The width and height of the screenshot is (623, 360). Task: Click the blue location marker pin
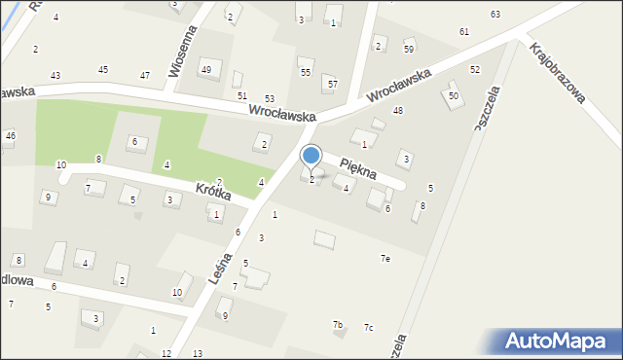click(311, 156)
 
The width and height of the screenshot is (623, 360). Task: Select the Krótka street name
click(212, 192)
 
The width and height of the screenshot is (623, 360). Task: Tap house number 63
click(495, 14)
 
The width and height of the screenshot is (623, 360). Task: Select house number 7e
click(385, 258)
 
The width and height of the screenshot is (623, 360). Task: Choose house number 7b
click(338, 324)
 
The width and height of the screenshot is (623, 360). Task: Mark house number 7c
click(368, 327)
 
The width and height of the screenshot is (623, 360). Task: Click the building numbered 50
click(453, 95)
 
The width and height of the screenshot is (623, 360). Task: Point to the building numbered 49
click(205, 69)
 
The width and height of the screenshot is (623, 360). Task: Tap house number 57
click(332, 85)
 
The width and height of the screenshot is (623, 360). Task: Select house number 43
click(55, 75)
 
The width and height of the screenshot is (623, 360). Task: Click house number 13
click(198, 353)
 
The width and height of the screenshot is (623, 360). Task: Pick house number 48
click(397, 111)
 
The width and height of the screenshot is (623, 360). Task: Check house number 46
click(10, 136)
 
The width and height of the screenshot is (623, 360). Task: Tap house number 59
click(409, 49)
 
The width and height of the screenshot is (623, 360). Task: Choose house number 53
click(269, 99)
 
